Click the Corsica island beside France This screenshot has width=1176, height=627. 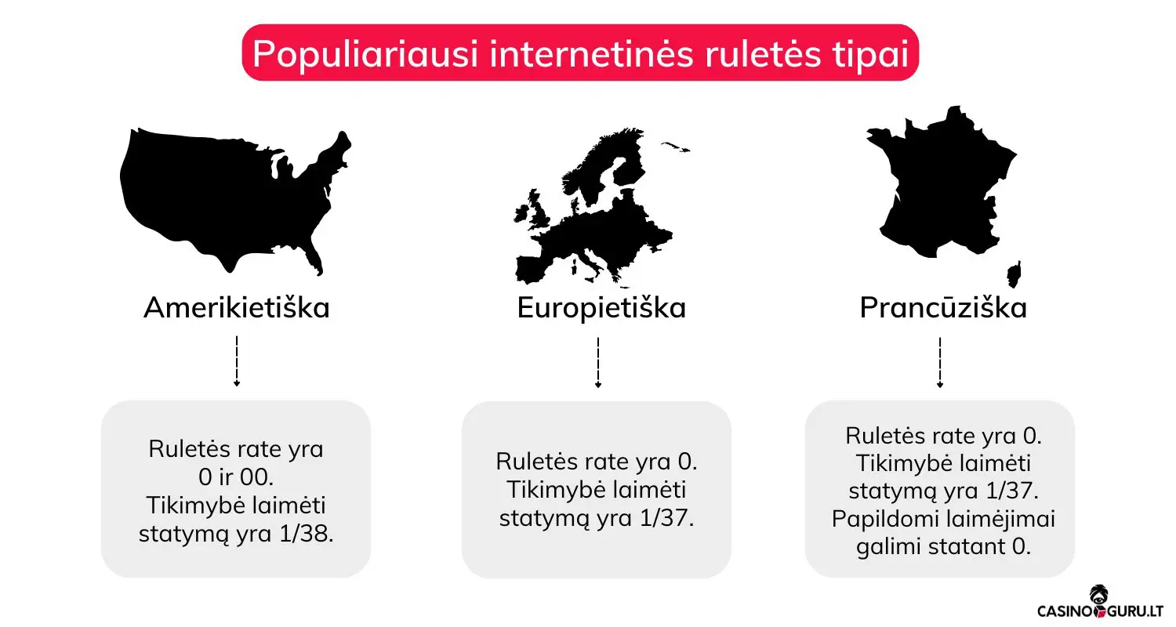1014,274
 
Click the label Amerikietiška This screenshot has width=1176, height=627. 236,308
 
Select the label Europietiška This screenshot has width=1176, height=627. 601,308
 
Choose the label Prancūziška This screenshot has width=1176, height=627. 943,308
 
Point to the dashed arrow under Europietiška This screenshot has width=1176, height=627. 597,362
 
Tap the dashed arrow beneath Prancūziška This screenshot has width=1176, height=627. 939,362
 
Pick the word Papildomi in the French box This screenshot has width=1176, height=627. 880,520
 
